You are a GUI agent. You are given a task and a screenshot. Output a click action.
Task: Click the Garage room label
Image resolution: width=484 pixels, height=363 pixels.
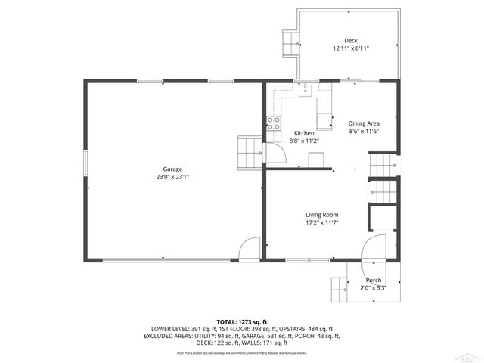(x=172, y=169)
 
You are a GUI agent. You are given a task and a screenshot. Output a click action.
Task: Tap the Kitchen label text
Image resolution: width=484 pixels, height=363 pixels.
(x=304, y=133)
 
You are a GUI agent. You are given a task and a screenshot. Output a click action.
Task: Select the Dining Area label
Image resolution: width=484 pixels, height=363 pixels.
(x=363, y=123)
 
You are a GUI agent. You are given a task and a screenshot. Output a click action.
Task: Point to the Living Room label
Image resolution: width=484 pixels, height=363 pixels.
(x=321, y=214)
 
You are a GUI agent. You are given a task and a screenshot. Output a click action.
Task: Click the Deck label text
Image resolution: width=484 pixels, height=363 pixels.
(x=351, y=41)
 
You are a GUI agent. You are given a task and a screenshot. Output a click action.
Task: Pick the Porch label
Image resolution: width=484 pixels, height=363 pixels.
(x=374, y=280)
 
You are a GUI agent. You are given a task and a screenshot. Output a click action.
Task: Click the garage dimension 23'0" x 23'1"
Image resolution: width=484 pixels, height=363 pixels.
(x=172, y=177)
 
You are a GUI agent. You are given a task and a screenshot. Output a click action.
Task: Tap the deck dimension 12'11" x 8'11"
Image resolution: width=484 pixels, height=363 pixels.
(x=351, y=48)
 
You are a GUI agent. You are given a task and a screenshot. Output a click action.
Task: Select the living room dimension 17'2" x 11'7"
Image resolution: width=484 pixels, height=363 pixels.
(x=321, y=222)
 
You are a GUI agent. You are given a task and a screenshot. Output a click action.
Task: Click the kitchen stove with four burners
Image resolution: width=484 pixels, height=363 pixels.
(x=274, y=123)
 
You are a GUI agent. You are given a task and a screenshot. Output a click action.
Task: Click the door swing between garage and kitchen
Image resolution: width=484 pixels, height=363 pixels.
(x=277, y=154)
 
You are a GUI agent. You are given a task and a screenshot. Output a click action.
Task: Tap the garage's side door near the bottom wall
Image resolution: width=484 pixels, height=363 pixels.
(x=248, y=250)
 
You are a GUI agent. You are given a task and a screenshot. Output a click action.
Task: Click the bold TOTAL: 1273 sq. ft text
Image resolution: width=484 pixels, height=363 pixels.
(x=242, y=322)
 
